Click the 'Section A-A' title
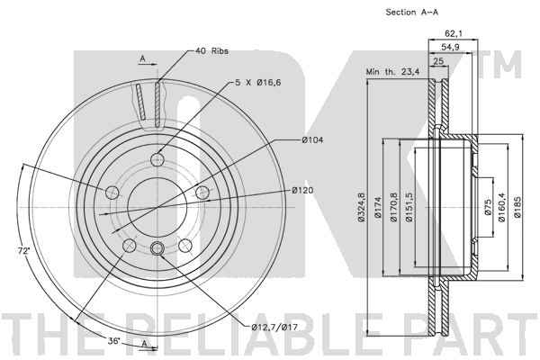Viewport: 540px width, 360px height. (412, 13)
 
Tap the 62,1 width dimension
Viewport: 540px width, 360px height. (454, 33)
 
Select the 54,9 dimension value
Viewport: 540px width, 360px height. (451, 47)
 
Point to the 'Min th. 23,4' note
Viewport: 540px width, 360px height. (392, 72)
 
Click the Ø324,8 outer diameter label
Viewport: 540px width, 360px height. (361, 207)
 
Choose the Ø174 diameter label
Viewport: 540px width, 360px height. (378, 207)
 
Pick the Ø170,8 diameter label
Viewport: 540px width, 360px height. (394, 207)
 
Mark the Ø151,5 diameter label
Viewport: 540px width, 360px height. (409, 207)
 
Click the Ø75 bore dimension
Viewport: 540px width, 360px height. (487, 207)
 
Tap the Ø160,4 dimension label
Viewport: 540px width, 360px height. (501, 207)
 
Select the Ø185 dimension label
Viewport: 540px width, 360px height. (517, 207)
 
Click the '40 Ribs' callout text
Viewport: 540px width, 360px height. (211, 51)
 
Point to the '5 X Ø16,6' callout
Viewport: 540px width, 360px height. (258, 83)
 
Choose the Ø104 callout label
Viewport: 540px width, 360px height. (312, 139)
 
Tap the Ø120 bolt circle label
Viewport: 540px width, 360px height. (302, 190)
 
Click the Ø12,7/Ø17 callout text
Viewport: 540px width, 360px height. (274, 327)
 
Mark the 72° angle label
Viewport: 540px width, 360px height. (23, 251)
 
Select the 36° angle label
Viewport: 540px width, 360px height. (114, 341)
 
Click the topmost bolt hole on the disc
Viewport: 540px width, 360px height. (157, 159)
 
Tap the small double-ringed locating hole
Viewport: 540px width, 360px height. (157, 247)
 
